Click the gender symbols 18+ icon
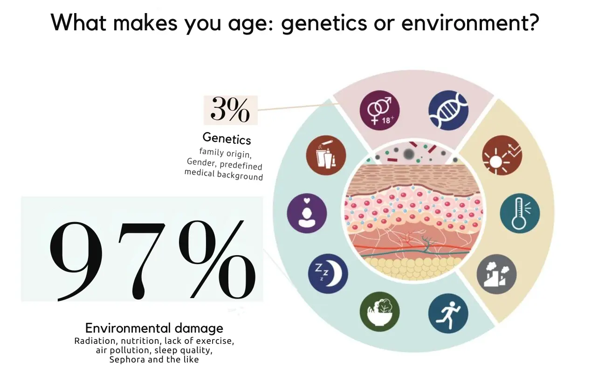[380, 111]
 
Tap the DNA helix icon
[448, 111]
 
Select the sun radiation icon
[502, 155]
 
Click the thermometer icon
[520, 213]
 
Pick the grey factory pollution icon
[496, 274]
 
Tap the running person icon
[448, 313]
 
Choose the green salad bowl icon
[380, 312]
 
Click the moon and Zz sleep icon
[328, 274]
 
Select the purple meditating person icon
[307, 213]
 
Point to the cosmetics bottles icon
[326, 155]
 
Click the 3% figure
[230, 110]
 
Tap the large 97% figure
[152, 260]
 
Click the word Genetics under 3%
[227, 139]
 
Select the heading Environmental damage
[154, 328]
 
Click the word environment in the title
[470, 22]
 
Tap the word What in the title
[78, 22]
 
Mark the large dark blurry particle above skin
[408, 154]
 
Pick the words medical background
[224, 175]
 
